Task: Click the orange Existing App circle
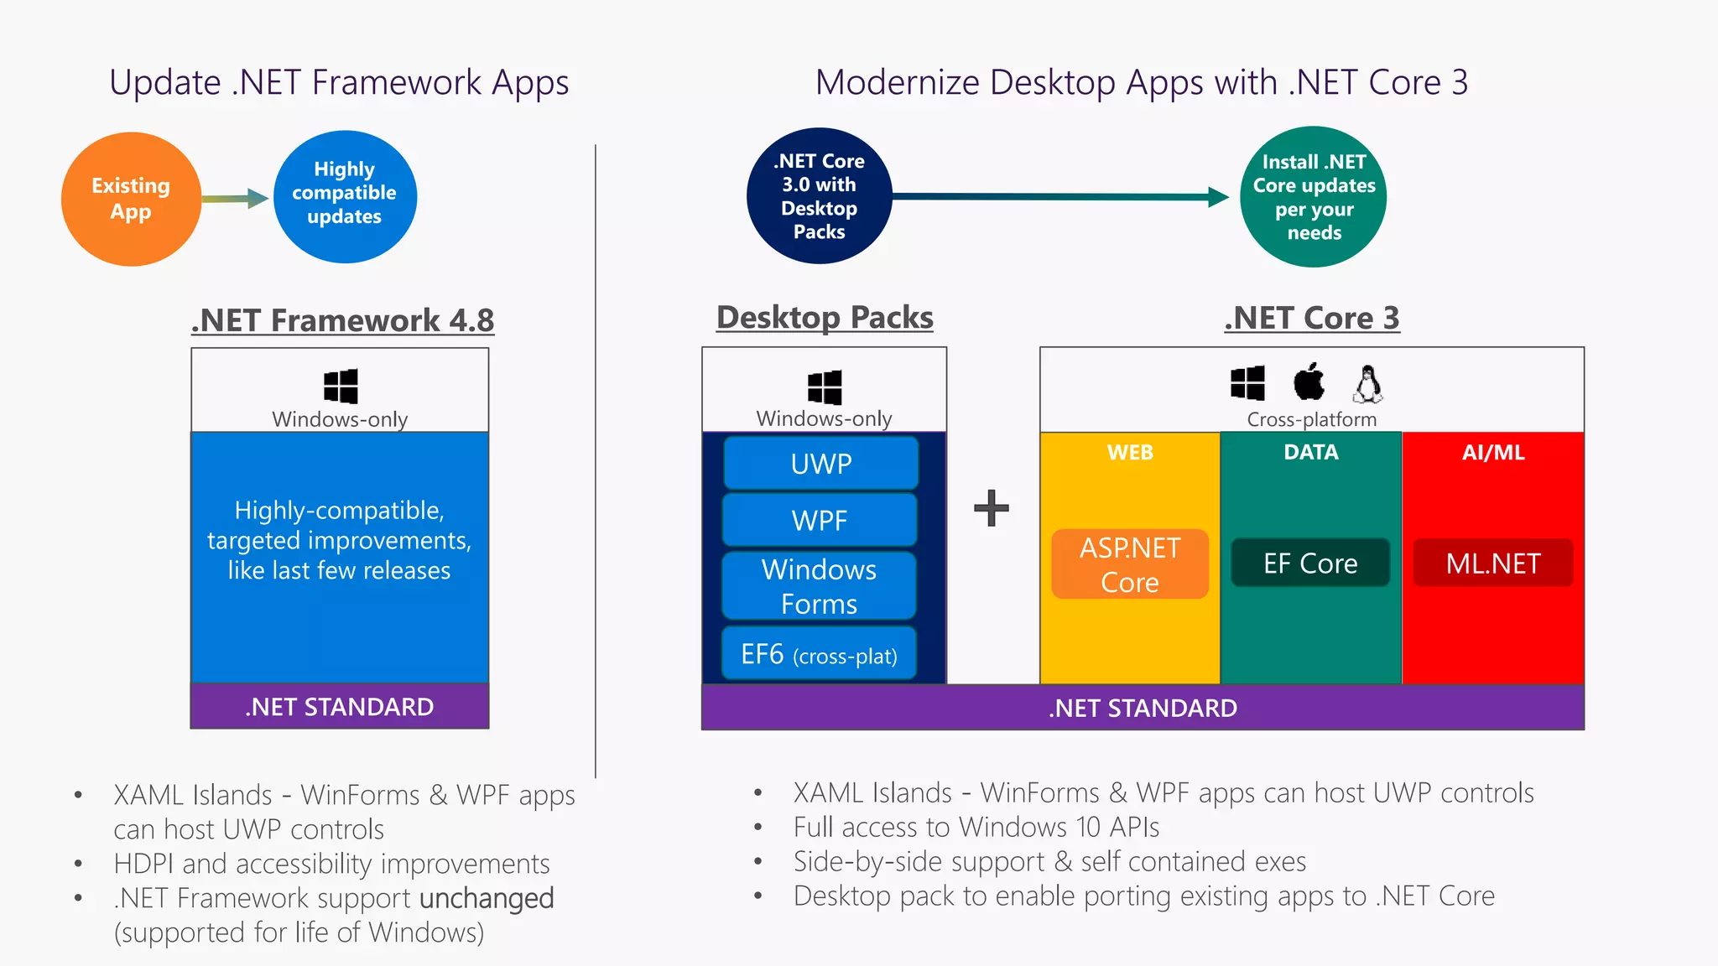coord(131,199)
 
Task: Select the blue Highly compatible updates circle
coord(345,196)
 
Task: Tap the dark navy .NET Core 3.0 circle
coord(819,196)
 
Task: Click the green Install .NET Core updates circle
coord(1313,197)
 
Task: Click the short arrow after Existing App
coord(236,199)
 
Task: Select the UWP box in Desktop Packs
coord(820,464)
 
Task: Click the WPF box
coord(820,521)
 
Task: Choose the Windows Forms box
coord(819,586)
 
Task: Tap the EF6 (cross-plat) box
coord(819,654)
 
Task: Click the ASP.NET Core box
coord(1129,564)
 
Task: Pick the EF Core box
coord(1310,563)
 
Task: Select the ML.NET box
coord(1492,563)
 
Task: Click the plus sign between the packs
coord(991,508)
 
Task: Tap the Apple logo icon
coord(1309,382)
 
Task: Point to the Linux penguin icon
coord(1367,384)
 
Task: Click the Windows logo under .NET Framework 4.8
coord(341,387)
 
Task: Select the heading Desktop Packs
coord(825,318)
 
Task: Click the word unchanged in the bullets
coord(487,898)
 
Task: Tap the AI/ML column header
coord(1492,453)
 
